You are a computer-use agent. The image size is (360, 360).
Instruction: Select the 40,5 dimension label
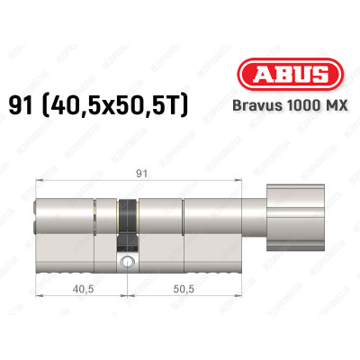point(82,291)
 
